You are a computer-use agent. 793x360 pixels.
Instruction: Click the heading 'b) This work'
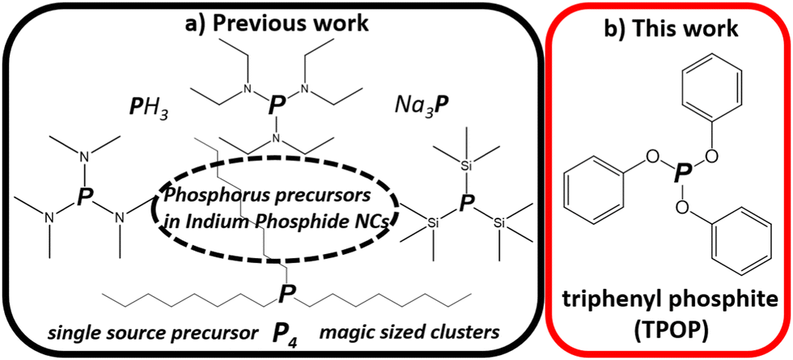point(670,30)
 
